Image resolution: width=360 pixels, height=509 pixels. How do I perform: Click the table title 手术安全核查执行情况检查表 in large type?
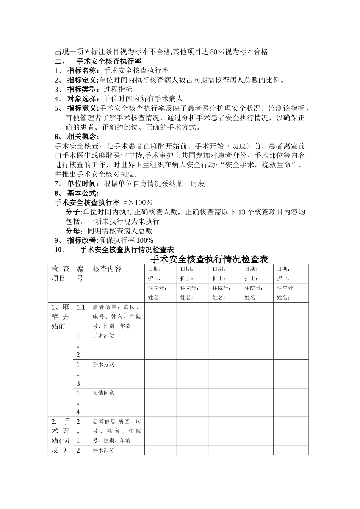point(209,259)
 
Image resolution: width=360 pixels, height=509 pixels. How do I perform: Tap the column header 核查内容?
point(107,269)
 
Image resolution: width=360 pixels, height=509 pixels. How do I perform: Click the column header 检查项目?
point(61,274)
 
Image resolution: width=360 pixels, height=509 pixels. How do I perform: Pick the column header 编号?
point(80,274)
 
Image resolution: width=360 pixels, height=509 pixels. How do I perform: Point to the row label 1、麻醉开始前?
point(61,316)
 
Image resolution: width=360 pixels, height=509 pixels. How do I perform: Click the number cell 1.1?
point(81,307)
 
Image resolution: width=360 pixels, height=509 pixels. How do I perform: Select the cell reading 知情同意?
point(103,393)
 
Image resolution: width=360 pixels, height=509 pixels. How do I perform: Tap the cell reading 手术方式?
point(103,365)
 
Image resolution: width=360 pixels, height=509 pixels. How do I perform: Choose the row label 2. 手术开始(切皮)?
point(61,436)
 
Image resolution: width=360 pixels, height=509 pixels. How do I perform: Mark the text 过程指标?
point(118,89)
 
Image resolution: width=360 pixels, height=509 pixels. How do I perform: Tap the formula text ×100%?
point(140,203)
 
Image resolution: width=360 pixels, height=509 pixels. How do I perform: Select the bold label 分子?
point(74,212)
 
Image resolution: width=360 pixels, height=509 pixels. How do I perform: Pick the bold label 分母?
point(74,231)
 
